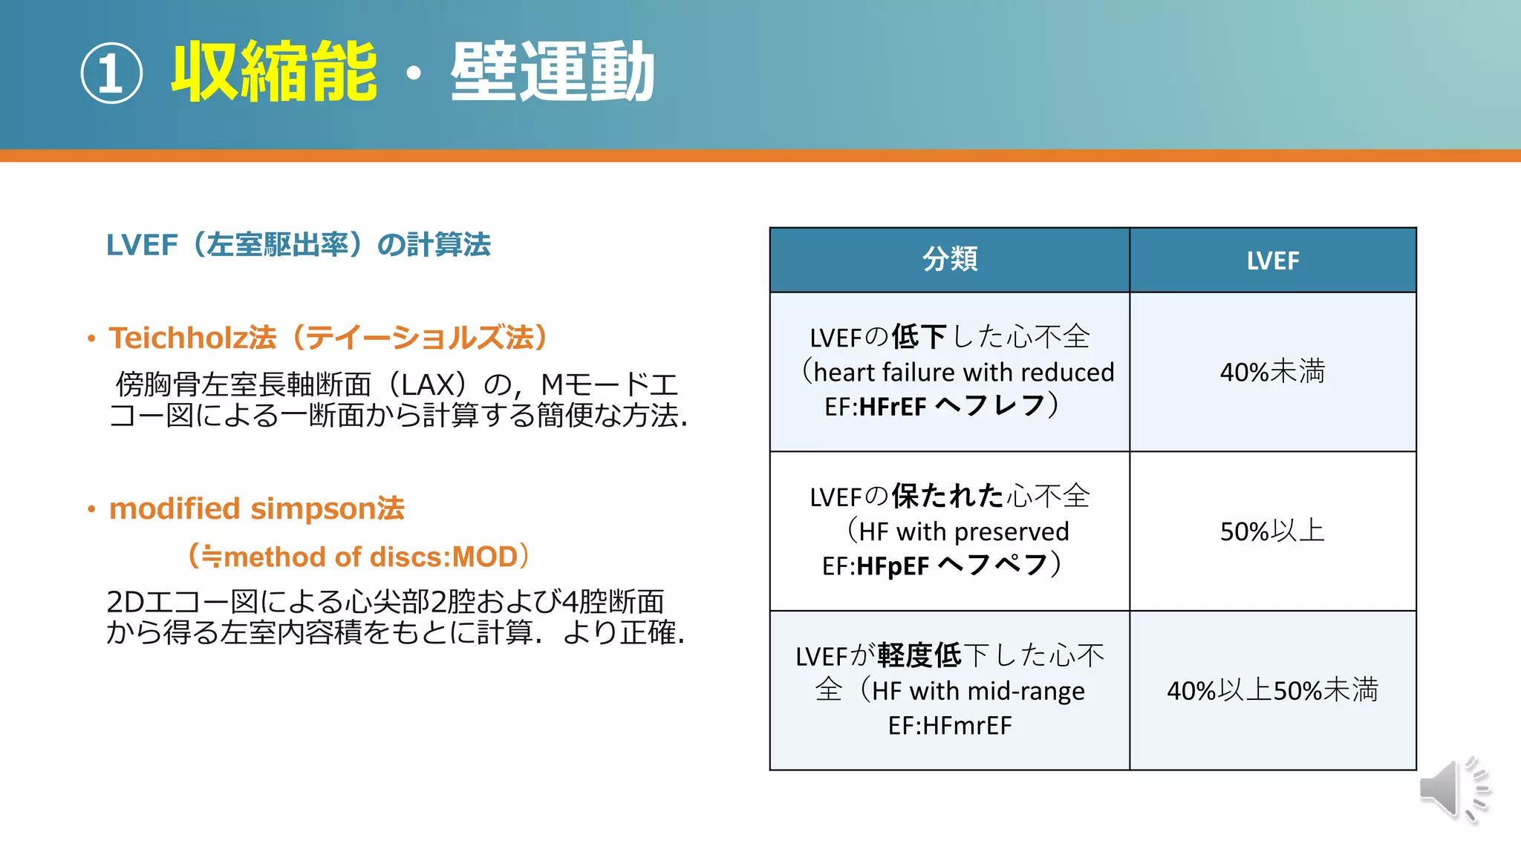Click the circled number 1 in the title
111,73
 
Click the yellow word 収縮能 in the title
274,72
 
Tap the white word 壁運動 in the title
553,72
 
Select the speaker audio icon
1453,789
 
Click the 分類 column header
950,260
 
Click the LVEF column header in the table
1272,261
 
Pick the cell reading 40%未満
1272,371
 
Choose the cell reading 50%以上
1272,531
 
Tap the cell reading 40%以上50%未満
1272,690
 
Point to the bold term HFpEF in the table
893,566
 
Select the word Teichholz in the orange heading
178,338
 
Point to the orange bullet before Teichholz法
91,339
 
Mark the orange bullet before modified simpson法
91,510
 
